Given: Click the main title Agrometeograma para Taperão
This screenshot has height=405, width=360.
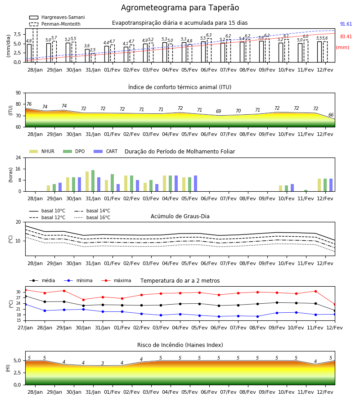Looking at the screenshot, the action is tap(180, 8).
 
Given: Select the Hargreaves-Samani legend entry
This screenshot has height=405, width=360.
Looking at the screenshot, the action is tap(57, 17).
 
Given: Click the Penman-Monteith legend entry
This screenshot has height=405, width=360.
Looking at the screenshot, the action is tap(55, 24).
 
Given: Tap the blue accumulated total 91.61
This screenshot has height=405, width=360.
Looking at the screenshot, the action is tap(346, 24).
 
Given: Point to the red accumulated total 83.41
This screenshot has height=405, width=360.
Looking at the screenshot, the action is tap(346, 37).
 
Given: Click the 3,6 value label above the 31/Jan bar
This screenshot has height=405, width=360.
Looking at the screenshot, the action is tap(87, 46).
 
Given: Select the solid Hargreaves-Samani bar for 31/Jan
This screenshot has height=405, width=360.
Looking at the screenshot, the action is tap(87, 56).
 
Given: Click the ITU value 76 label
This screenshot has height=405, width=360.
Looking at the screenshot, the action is tap(29, 104).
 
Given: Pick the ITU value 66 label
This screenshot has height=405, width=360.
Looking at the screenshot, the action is tap(331, 115).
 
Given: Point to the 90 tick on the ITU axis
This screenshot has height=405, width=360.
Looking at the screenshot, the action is tap(18, 93).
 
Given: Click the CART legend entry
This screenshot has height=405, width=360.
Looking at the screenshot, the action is tap(105, 151).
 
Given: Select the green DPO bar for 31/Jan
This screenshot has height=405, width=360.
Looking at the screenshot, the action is tap(93, 181).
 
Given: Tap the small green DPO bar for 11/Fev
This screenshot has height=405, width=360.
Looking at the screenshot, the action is tap(306, 191).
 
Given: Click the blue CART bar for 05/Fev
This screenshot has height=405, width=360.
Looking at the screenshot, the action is tap(195, 184).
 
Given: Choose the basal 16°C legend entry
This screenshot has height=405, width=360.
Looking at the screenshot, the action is tap(92, 217).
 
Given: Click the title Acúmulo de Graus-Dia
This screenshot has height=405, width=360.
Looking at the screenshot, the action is tap(180, 216).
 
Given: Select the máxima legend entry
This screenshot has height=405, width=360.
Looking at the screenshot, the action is tap(116, 280).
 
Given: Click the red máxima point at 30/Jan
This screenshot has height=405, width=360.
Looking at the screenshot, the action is tap(83, 300).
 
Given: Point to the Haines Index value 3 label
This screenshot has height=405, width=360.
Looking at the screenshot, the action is tap(103, 363).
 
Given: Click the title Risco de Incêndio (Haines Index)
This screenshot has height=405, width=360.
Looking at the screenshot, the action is tap(180, 345).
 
